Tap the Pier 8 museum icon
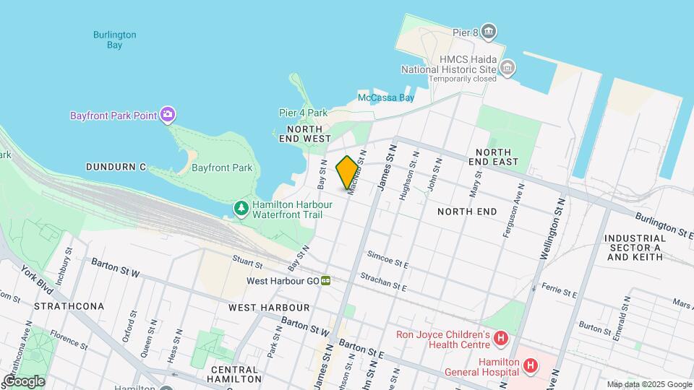[489, 31]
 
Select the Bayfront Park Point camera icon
[168, 115]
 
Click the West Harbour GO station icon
[327, 281]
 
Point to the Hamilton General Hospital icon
[531, 365]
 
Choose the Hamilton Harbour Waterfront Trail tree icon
[241, 209]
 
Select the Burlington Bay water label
[114, 40]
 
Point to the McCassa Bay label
[386, 97]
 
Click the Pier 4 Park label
[304, 113]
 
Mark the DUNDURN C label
[116, 167]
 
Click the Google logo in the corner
[24, 381]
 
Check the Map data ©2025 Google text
[649, 384]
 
